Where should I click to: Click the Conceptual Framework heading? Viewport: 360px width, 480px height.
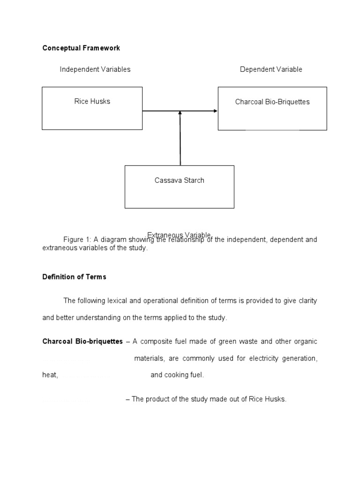coord(81,48)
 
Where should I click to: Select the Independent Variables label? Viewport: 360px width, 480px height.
coord(95,69)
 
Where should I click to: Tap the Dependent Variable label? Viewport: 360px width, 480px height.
coord(271,69)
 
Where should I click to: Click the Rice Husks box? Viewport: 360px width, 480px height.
coord(92,108)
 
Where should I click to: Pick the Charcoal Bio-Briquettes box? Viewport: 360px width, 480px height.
coord(272,108)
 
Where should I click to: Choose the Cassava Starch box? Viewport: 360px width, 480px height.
coord(180,187)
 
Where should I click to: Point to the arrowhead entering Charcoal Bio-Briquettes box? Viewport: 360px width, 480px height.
coord(215,111)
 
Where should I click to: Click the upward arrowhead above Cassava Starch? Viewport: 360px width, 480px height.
coord(180,113)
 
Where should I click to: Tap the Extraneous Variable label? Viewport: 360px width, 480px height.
coord(180,234)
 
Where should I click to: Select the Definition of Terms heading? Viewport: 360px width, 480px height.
coord(75,277)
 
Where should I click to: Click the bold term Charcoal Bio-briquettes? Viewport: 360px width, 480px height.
coord(82,341)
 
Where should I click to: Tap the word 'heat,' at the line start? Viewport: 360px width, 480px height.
coord(50,375)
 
